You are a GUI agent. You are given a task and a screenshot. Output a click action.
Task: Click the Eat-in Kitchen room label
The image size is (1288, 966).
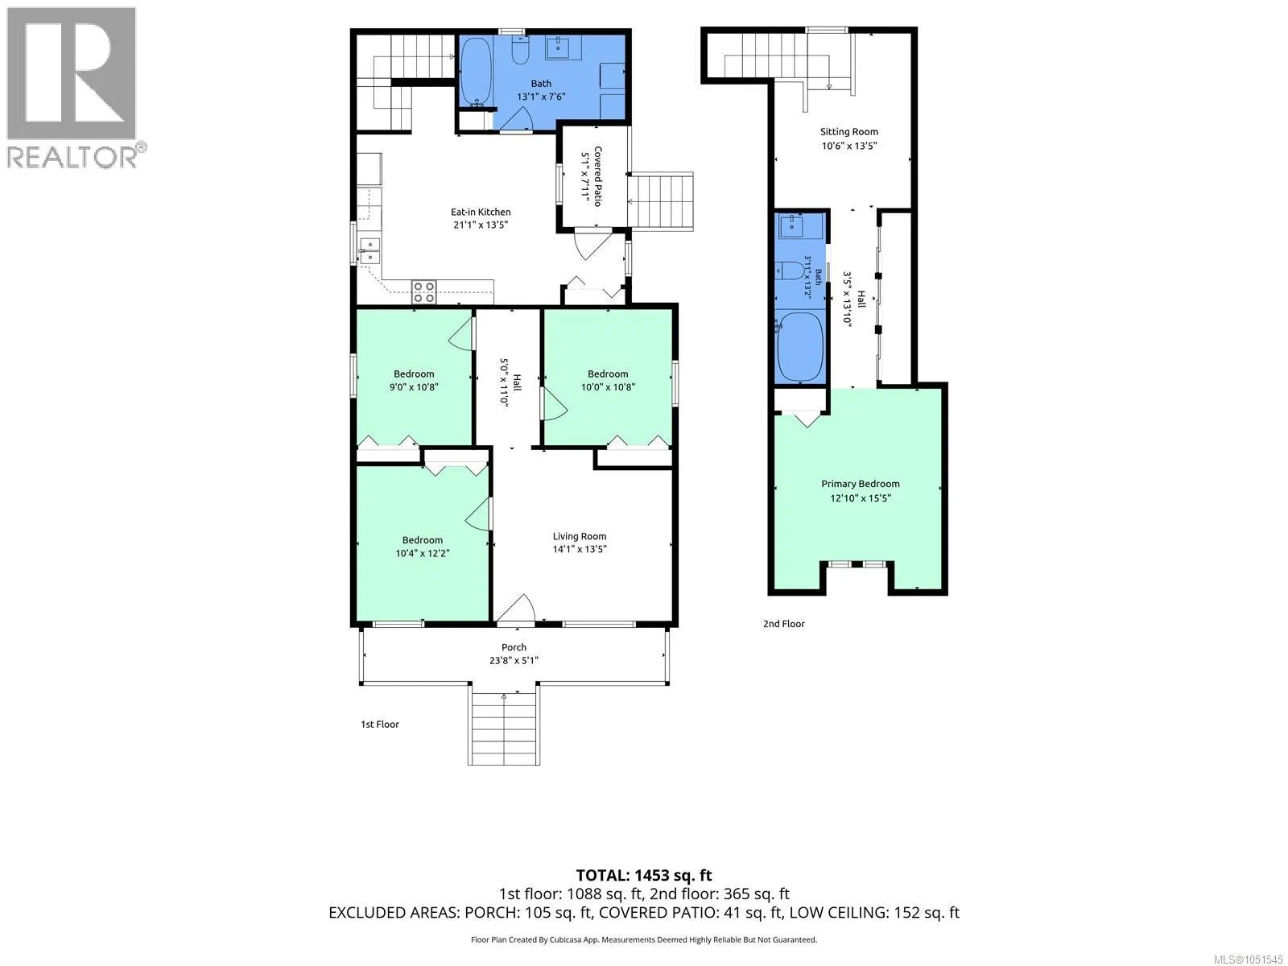coord(480,212)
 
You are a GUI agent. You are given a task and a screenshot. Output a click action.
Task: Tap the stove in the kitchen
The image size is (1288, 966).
coord(423,292)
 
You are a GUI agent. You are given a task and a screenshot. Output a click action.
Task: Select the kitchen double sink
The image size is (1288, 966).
coord(369,250)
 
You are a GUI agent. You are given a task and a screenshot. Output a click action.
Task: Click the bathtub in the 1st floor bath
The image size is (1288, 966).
coord(476,72)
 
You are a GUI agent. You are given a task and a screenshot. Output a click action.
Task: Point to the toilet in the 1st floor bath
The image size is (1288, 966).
coord(520,50)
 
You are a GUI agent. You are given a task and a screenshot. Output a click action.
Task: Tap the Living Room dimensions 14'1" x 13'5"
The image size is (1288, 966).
coord(579,549)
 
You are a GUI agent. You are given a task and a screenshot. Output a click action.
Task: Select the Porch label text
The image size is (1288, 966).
coord(514,647)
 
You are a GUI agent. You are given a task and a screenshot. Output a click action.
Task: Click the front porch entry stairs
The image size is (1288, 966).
coord(503,725)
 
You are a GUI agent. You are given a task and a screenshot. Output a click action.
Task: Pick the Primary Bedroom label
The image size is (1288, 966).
coord(860,484)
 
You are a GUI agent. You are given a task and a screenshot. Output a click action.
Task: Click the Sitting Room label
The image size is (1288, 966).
coord(848,132)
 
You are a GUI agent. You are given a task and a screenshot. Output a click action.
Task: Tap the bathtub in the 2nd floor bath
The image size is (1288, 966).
coord(800,347)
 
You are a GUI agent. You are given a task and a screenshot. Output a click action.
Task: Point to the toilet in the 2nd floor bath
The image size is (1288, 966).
coord(790,270)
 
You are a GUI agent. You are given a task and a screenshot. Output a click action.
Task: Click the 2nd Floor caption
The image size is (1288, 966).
coord(783,624)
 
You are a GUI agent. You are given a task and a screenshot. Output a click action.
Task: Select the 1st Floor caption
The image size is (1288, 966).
coord(380,724)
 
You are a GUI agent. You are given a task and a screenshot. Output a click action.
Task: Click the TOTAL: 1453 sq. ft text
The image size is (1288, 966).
coord(644,876)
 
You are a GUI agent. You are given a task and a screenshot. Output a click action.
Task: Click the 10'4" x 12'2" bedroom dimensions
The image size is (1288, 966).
coord(423,553)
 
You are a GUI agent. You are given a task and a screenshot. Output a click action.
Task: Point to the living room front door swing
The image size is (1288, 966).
coord(516,608)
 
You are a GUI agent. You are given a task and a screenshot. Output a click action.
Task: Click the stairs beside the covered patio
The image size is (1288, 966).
coord(661,201)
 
